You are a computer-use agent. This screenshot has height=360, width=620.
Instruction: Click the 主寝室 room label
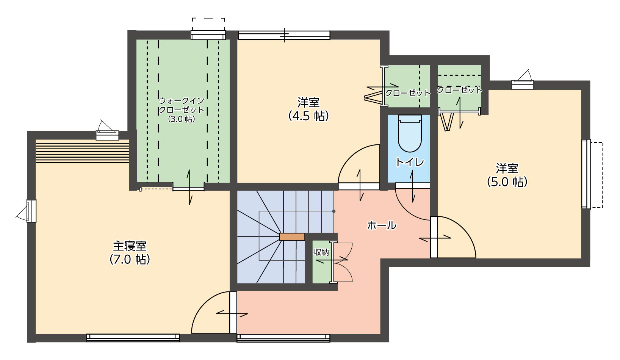pyautogui.click(x=130, y=246)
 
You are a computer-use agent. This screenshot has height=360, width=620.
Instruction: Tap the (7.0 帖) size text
pyautogui.click(x=130, y=260)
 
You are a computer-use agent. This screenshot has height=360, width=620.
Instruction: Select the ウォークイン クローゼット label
pyautogui.click(x=181, y=105)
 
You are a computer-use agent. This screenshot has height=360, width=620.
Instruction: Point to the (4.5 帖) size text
pyautogui.click(x=308, y=116)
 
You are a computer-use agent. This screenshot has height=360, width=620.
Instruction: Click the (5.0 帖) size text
pyautogui.click(x=507, y=182)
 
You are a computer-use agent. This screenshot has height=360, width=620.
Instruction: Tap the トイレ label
pyautogui.click(x=410, y=162)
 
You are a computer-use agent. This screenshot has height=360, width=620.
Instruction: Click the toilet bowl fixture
pyautogui.click(x=410, y=133)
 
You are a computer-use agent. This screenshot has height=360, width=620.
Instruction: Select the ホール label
pyautogui.click(x=382, y=225)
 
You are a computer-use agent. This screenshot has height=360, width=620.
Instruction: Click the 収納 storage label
pyautogui.click(x=321, y=252)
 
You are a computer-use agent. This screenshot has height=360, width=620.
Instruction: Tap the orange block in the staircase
pyautogui.click(x=292, y=237)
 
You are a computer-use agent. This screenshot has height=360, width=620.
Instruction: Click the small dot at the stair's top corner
pyautogui.click(x=334, y=211)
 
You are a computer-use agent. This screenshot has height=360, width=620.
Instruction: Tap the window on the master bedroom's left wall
pyautogui.click(x=31, y=211)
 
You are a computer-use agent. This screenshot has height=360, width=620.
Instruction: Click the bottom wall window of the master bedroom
pyautogui.click(x=133, y=338)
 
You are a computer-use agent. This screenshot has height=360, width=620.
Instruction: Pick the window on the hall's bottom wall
pyautogui.click(x=283, y=338)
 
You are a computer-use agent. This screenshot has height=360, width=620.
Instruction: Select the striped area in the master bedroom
pyautogui.click(x=83, y=151)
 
